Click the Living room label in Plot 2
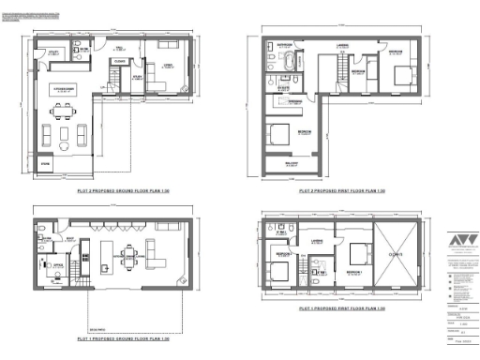coord(168,64)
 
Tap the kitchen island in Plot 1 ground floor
coord(109,255)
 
